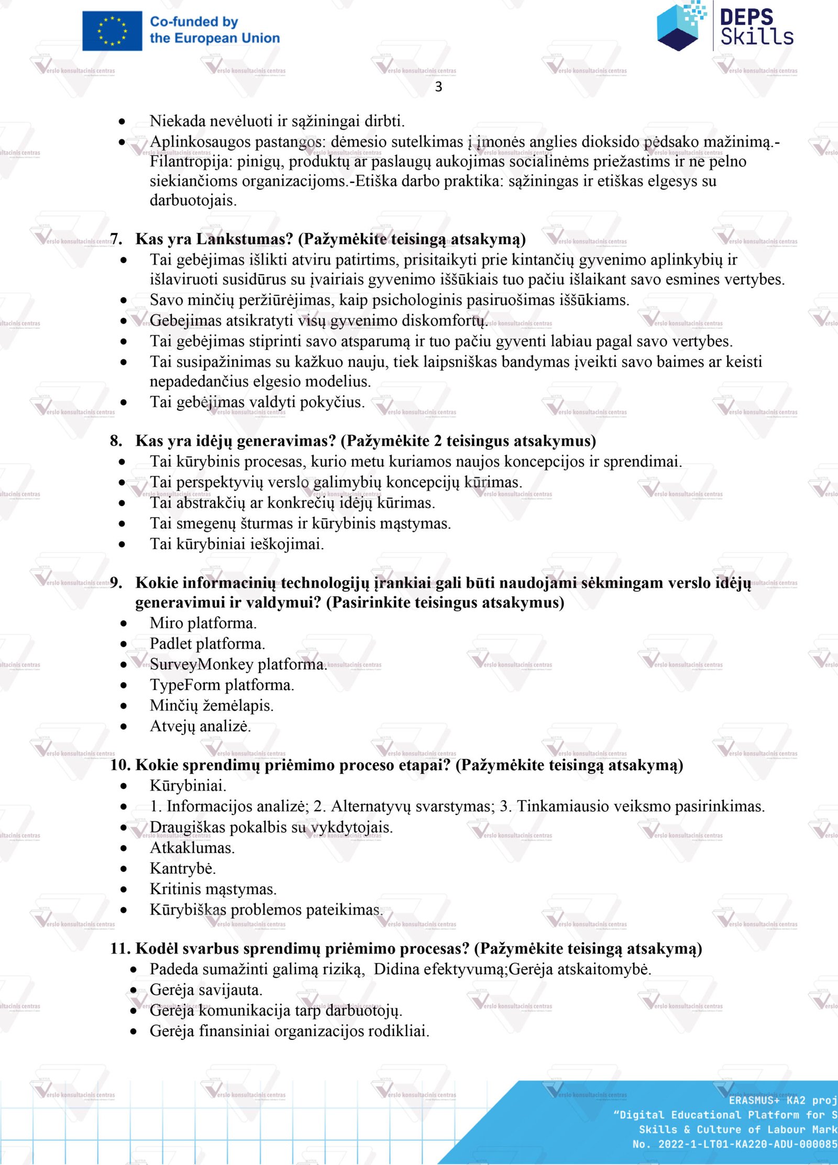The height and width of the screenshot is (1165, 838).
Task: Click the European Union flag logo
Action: (112, 31)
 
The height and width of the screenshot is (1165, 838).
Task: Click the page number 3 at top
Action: (438, 87)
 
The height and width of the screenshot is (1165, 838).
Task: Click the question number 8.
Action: (115, 441)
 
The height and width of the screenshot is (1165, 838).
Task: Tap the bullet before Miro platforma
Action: (124, 623)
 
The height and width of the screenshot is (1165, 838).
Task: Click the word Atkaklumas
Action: (192, 848)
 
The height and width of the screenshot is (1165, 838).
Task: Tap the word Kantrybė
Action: (182, 869)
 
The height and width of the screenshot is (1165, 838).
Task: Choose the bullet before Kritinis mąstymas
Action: (124, 889)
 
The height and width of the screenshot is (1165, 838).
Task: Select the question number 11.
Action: (120, 949)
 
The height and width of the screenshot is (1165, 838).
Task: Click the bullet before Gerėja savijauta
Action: (134, 990)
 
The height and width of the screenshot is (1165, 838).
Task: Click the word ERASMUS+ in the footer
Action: (754, 1100)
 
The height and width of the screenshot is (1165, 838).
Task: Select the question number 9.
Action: (116, 582)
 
